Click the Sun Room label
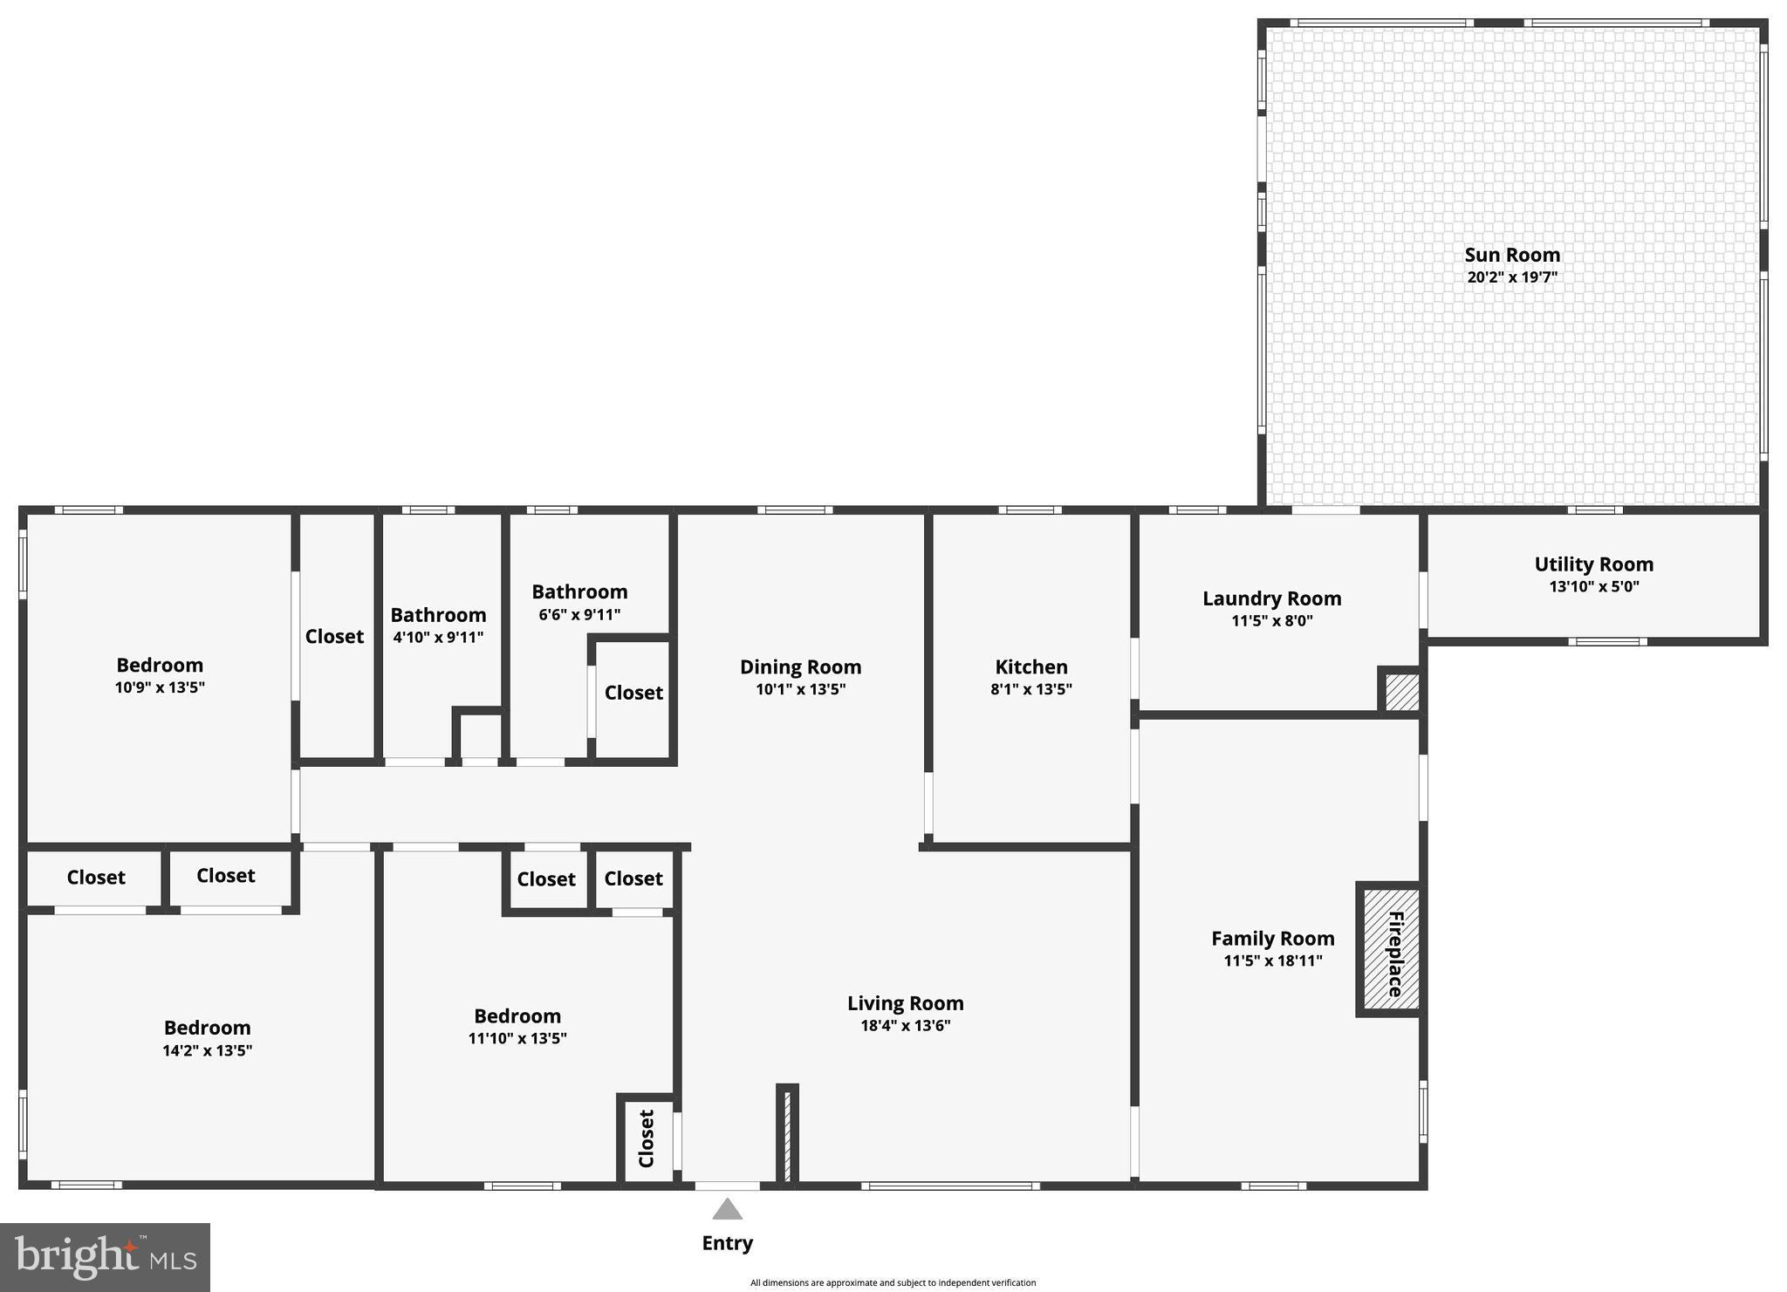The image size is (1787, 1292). point(1511,255)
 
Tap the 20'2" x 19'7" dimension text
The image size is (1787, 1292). point(1511,277)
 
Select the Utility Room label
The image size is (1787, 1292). point(1593,564)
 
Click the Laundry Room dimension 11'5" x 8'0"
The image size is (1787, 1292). point(1271,621)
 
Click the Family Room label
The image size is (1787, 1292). point(1272,939)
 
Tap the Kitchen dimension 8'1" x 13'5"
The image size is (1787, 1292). point(1030,689)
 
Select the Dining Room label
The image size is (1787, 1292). point(800,667)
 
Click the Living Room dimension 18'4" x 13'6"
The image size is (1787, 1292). point(905,1026)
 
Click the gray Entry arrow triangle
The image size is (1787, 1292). point(727,1210)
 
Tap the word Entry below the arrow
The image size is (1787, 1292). point(727,1243)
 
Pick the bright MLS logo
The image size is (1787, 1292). point(105,1257)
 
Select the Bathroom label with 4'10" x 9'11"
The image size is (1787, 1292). point(438,615)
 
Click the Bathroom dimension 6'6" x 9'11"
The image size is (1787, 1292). point(579,615)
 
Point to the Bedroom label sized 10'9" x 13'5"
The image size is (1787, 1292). point(160,666)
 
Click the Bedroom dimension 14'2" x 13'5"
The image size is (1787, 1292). point(207,1050)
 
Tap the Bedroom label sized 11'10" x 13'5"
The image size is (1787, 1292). point(517,1016)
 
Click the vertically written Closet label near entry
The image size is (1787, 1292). point(647,1138)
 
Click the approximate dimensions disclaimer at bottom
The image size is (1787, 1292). point(893,1282)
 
